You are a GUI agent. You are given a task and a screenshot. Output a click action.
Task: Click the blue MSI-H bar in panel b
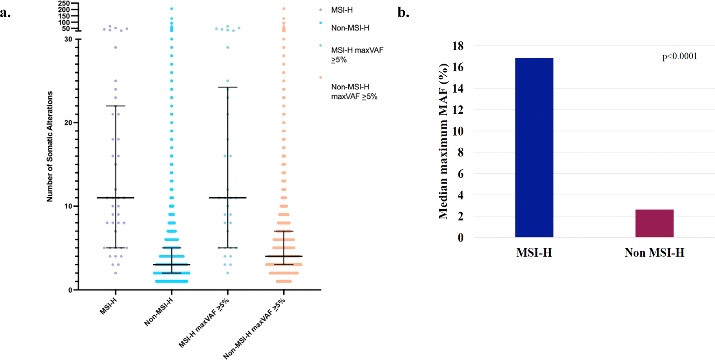tap(534, 147)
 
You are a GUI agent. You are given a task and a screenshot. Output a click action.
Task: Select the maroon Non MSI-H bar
tap(654, 223)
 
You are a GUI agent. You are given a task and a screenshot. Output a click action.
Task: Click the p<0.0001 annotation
tap(679, 57)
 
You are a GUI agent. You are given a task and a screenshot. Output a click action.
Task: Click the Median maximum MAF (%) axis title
tap(443, 141)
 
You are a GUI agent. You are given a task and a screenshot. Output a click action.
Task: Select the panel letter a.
tap(5, 13)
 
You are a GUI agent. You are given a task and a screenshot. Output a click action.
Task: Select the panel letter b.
tap(403, 13)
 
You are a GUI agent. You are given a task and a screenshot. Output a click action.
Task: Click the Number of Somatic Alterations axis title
tap(50, 146)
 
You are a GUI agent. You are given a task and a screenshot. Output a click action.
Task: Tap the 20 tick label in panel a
tap(68, 123)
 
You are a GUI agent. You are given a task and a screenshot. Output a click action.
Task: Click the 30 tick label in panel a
tap(68, 39)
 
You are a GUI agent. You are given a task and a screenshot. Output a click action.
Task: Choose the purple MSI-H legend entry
tap(342, 10)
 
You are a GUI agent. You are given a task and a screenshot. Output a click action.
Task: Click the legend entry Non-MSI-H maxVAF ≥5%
tap(354, 92)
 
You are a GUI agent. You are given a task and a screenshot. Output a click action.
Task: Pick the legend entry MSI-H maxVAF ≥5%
tap(357, 55)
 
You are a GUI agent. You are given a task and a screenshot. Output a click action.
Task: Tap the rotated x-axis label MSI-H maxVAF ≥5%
tap(204, 324)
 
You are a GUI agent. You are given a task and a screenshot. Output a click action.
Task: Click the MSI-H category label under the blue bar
tap(534, 253)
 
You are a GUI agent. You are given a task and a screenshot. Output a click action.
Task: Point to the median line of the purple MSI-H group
tap(115, 198)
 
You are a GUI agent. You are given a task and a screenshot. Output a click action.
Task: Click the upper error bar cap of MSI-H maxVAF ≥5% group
tap(227, 87)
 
